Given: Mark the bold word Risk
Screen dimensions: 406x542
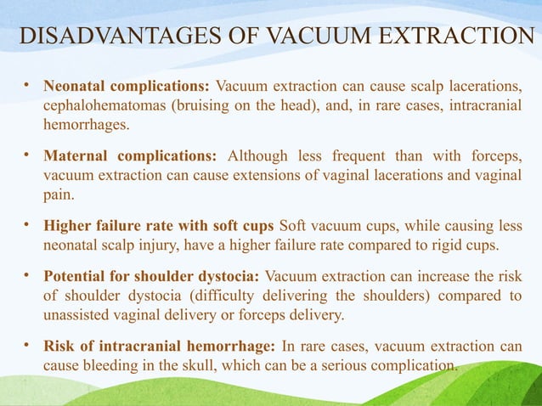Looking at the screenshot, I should click(59, 348).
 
